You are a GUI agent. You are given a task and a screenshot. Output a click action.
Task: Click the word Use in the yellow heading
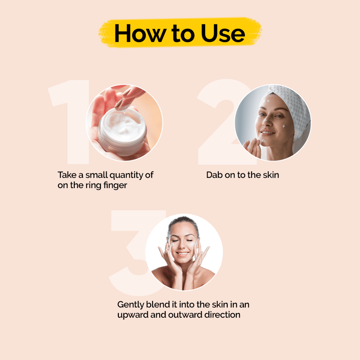223,33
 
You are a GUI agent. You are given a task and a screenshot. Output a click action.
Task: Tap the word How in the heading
140,33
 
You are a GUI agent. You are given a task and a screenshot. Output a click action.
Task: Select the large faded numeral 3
135,252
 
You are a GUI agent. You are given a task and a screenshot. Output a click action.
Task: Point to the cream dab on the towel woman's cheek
284,126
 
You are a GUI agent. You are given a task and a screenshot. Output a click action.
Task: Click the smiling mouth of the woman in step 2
268,132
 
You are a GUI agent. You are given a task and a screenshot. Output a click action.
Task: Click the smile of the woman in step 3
183,254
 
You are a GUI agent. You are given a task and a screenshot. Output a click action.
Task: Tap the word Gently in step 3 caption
130,305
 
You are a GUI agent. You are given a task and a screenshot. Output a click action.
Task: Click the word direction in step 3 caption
222,315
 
